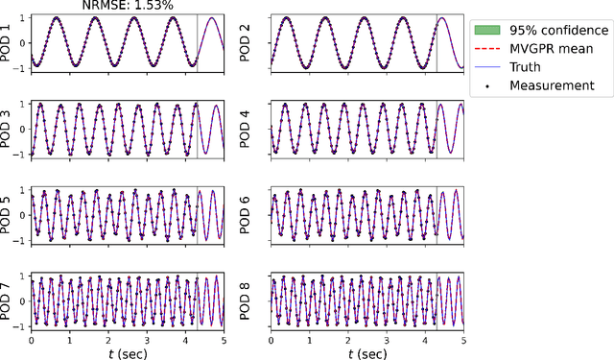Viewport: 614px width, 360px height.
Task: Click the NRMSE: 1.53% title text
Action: (126, 6)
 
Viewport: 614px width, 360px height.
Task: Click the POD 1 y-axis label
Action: (9, 42)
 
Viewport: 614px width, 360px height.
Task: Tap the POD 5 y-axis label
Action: (9, 213)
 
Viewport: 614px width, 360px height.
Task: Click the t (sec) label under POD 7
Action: (127, 351)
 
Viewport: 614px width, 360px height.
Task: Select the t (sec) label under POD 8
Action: (367, 351)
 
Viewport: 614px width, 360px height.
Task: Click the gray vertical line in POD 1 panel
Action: (197, 42)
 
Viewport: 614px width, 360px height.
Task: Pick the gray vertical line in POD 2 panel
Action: (437, 42)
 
